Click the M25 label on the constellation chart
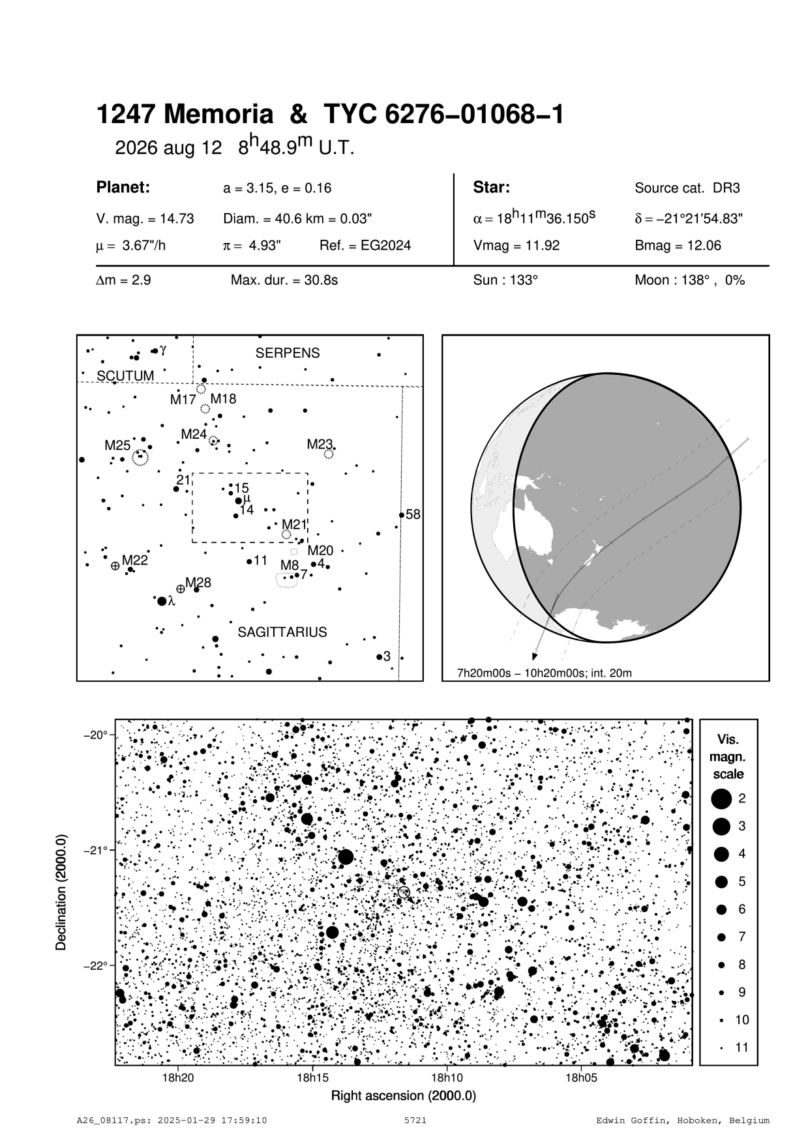[117, 445]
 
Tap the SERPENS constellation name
[288, 353]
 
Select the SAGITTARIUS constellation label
[282, 632]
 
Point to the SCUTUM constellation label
[125, 376]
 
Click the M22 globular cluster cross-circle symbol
[115, 566]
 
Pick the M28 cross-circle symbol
[181, 589]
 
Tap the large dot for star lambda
[162, 601]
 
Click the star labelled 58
[401, 515]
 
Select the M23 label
[320, 445]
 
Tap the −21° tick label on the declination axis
[96, 850]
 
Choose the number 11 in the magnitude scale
[741, 1047]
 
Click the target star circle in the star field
[404, 892]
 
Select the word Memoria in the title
[218, 115]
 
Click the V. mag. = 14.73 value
[145, 219]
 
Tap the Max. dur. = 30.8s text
[284, 281]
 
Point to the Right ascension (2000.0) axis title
[404, 1096]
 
